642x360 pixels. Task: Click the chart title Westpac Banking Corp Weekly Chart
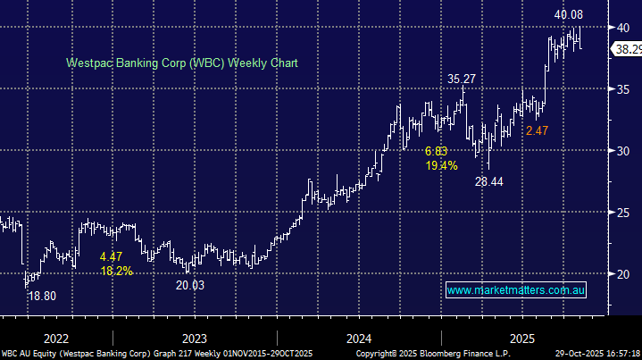pyautogui.click(x=181, y=63)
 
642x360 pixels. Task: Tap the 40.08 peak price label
pyautogui.click(x=569, y=15)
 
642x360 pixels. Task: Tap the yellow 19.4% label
pyautogui.click(x=441, y=165)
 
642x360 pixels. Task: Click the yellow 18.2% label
pyautogui.click(x=116, y=271)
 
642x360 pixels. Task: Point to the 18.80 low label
pyautogui.click(x=43, y=296)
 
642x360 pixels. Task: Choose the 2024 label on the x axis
pyautogui.click(x=359, y=339)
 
